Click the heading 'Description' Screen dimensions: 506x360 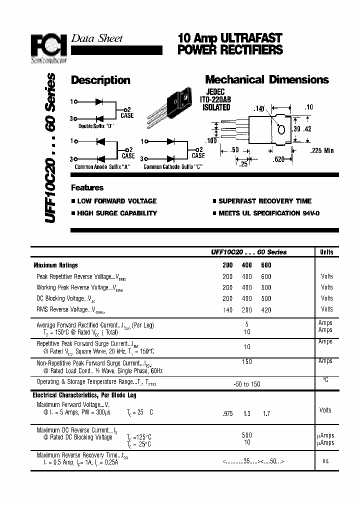pos(100,80)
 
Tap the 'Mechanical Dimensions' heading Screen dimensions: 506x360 pos(267,80)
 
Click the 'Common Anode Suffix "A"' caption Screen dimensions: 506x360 pos(102,167)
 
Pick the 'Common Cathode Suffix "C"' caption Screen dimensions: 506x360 pos(173,167)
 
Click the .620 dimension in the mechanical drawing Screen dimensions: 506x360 pos(279,159)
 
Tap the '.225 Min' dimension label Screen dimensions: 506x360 pos(321,150)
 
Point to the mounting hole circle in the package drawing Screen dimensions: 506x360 pos(281,129)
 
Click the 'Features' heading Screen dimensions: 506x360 pos(87,188)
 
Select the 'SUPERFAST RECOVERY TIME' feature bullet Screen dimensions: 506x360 pos(264,201)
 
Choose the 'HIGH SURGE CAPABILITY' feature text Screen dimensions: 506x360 pos(117,213)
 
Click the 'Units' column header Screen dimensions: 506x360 pos(326,252)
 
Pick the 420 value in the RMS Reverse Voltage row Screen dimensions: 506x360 pos(266,310)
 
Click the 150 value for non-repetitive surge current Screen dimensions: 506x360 pos(247,361)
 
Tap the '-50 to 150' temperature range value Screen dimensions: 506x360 pos(247,383)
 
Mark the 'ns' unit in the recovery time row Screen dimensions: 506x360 pos(325,461)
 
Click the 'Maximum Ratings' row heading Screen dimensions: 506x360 pos(55,265)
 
